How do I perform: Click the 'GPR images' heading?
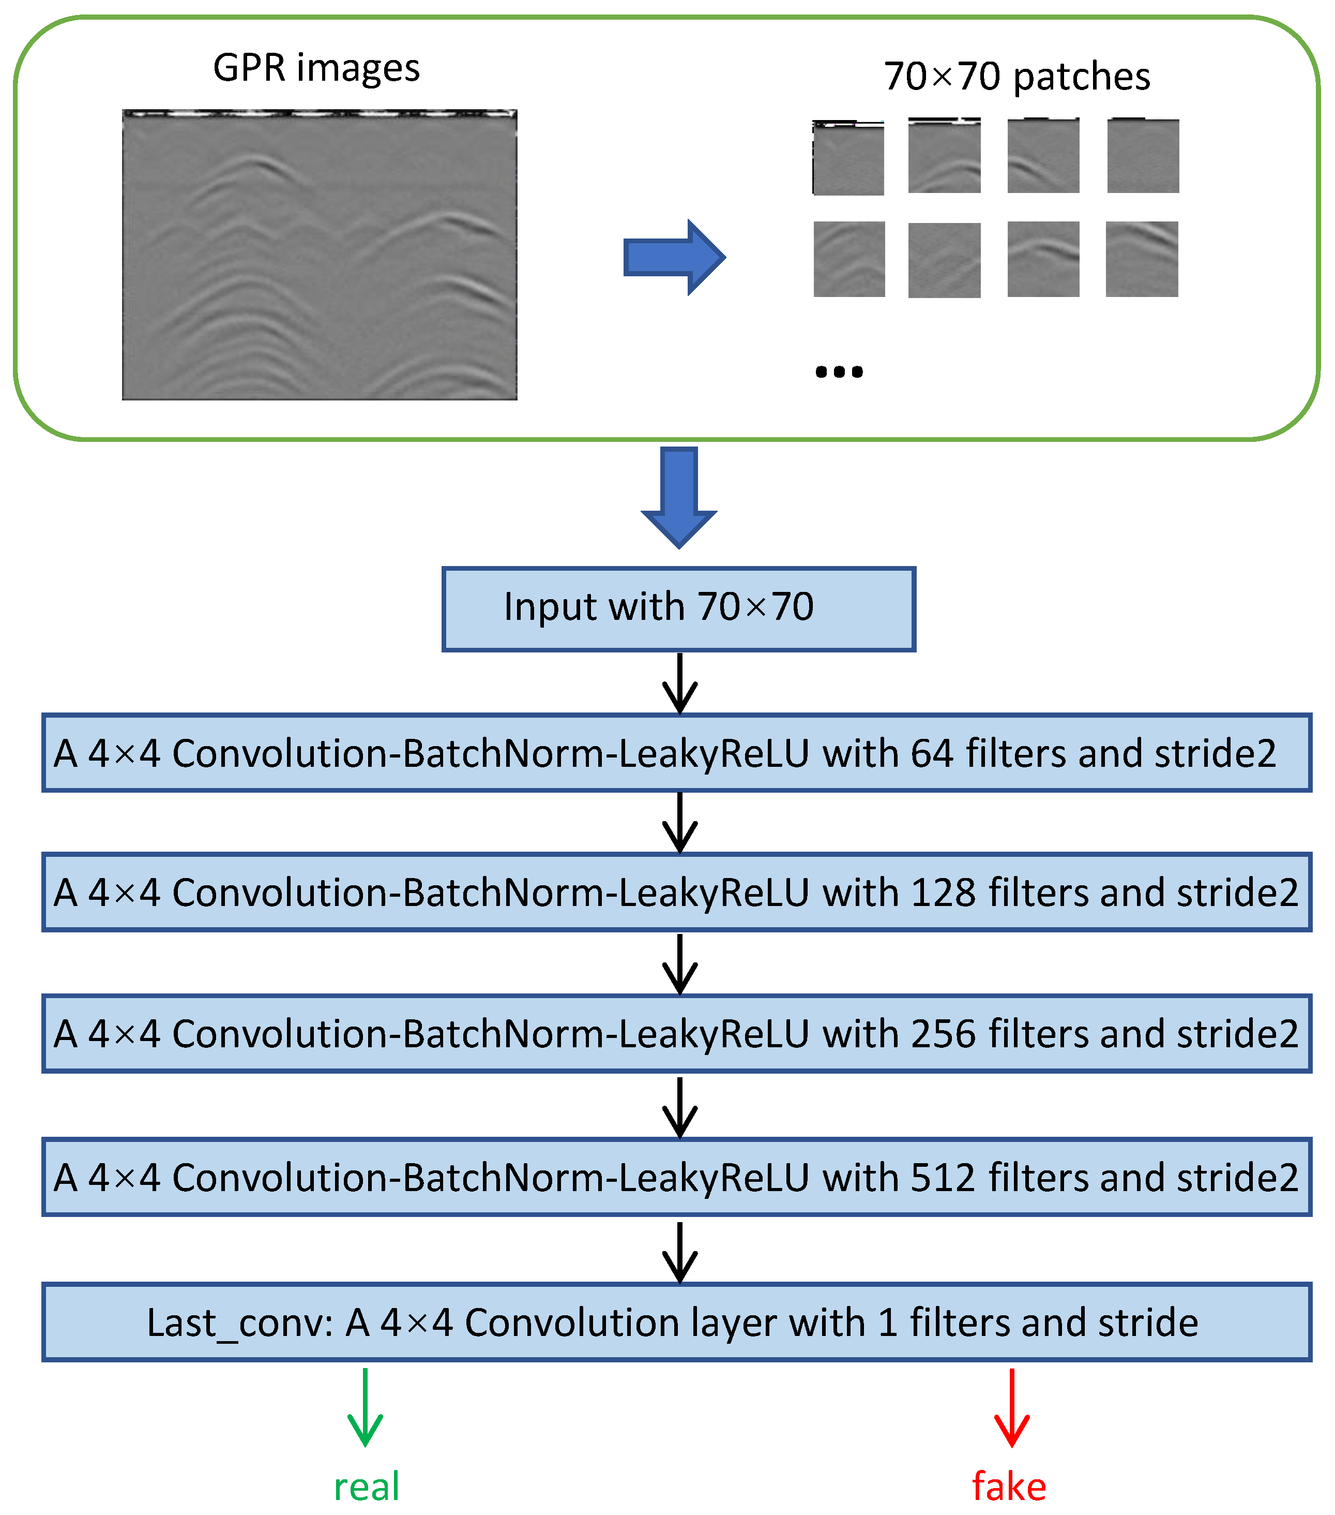pyautogui.click(x=316, y=68)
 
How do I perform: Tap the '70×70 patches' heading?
pyautogui.click(x=1017, y=77)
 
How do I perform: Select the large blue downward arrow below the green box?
pyautogui.click(x=678, y=497)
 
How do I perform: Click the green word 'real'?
pyautogui.click(x=367, y=1487)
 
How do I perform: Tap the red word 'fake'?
pyautogui.click(x=1009, y=1487)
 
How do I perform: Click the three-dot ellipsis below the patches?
pyautogui.click(x=839, y=372)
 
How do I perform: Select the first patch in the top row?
pyautogui.click(x=848, y=158)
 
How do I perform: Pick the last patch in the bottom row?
pyautogui.click(x=1142, y=259)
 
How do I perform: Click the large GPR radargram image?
pyautogui.click(x=320, y=255)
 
